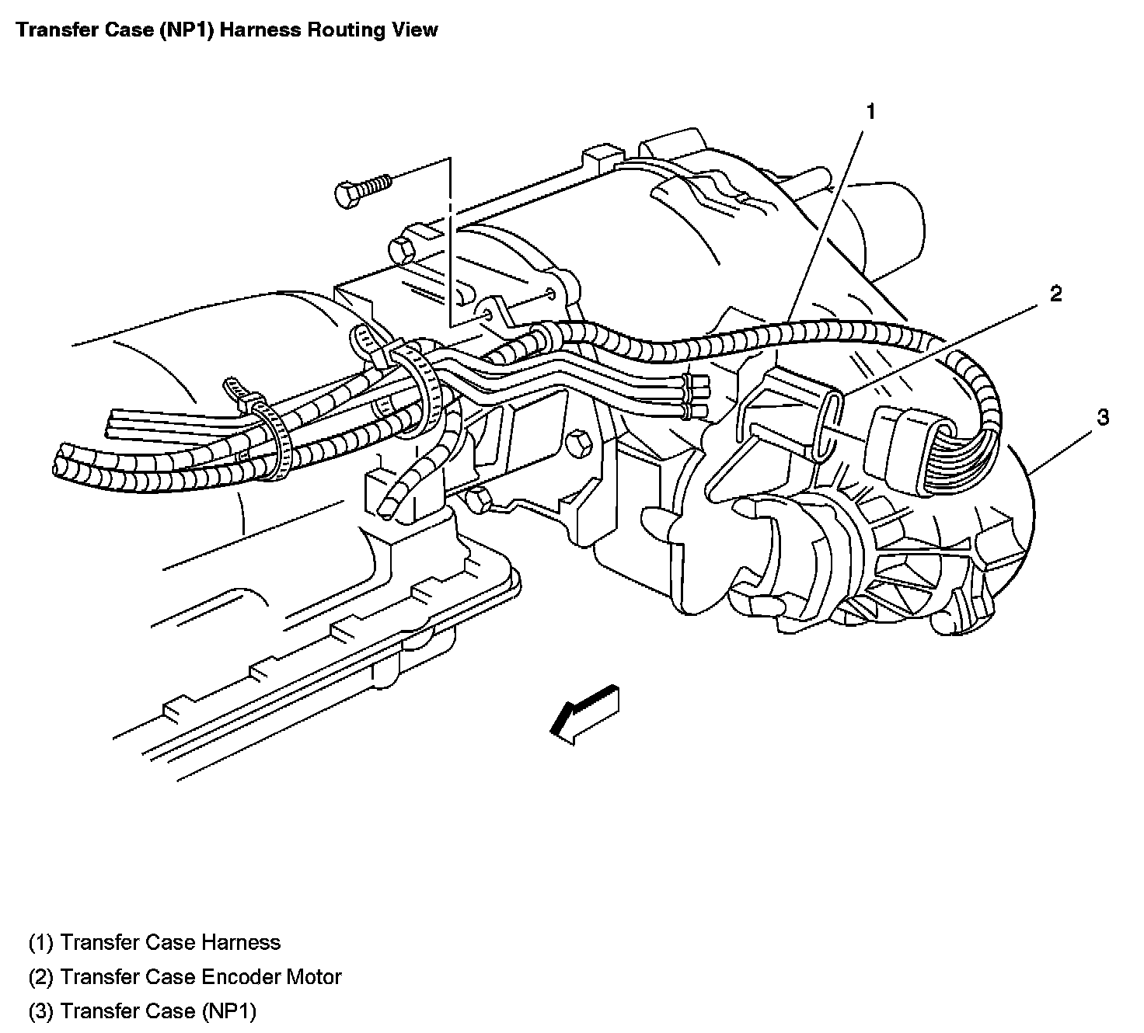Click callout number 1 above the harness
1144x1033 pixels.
point(870,112)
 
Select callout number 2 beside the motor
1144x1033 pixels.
point(1055,294)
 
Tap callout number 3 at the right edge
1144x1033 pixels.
point(1103,417)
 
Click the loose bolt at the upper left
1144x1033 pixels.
point(361,190)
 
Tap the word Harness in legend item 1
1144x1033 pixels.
point(241,942)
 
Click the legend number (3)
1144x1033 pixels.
point(40,1010)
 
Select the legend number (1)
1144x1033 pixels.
point(40,942)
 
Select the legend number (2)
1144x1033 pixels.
point(40,976)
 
